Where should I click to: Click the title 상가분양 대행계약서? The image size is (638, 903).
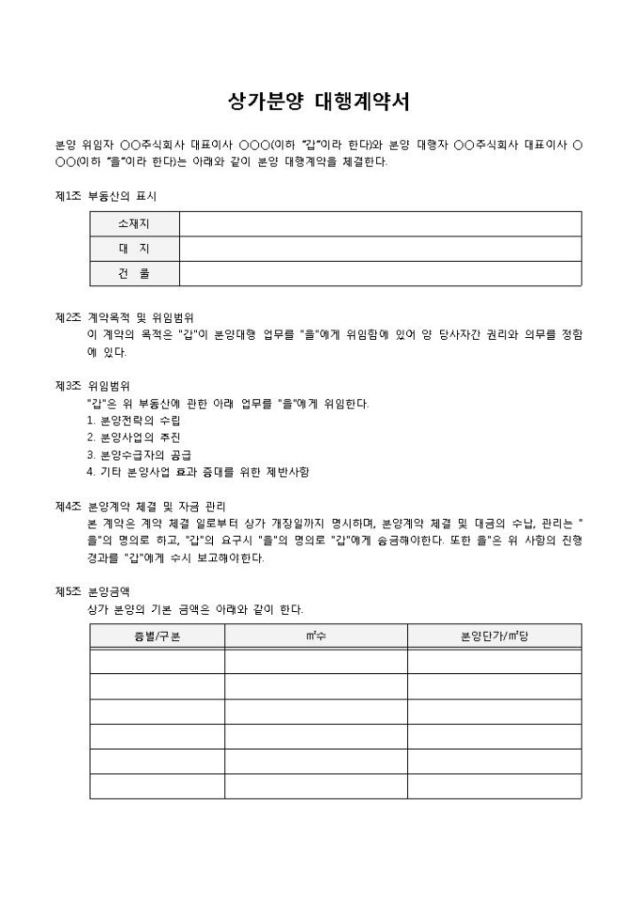point(318,100)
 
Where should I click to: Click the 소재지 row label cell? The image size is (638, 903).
point(134,223)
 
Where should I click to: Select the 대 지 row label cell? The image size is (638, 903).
point(134,248)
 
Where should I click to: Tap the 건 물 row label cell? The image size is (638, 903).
point(134,273)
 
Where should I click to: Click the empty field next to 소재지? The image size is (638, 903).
point(380,223)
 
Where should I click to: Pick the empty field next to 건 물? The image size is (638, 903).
point(380,273)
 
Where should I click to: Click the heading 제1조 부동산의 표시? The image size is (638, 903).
point(106,195)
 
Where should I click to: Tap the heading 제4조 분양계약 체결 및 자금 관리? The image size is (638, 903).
point(141,505)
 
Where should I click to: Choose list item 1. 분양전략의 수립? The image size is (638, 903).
point(133,421)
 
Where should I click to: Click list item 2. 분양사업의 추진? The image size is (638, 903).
point(133,437)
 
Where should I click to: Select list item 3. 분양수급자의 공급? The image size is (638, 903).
point(139,454)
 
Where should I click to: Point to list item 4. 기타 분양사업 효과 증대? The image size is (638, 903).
point(197,471)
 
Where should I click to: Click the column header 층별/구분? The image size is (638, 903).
point(157,636)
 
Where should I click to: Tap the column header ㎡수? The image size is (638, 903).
point(315,636)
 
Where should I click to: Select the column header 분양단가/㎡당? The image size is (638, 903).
point(494,636)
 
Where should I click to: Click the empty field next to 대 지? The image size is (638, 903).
point(380,248)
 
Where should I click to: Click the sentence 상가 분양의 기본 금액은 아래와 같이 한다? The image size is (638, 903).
point(194,609)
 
